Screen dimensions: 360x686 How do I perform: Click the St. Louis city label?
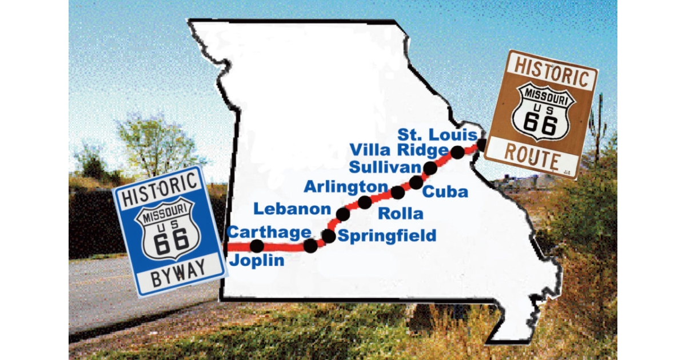438,135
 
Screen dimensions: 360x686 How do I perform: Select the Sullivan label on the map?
384,167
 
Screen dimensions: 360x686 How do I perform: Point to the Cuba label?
445,191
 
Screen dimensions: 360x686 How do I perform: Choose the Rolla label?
401,214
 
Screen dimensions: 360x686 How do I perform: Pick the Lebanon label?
292,209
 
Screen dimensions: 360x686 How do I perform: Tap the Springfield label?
387,235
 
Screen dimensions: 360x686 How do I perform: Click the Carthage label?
269,232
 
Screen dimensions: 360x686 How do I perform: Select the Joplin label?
257,261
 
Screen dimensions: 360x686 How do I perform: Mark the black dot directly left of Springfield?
329,235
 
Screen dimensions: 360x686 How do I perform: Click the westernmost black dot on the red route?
257,246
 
